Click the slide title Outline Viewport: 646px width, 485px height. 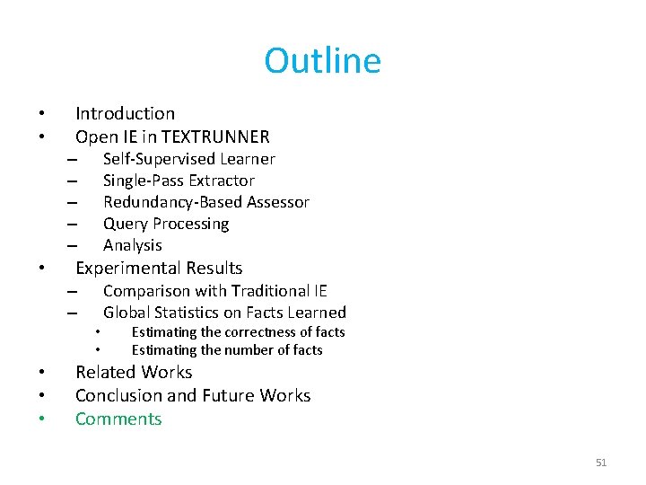[x=322, y=61]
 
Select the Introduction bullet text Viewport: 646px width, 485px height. [x=125, y=113]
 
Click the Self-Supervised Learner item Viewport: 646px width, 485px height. [x=188, y=159]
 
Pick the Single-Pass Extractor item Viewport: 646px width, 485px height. [x=179, y=181]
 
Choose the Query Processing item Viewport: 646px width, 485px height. [x=166, y=224]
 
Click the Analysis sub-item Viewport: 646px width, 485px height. [x=133, y=245]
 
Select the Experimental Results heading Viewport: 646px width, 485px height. [x=159, y=268]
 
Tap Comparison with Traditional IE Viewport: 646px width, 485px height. [x=214, y=290]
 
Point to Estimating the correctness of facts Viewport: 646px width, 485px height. [x=238, y=332]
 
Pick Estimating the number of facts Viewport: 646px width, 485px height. [x=227, y=350]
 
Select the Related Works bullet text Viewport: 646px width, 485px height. [x=134, y=372]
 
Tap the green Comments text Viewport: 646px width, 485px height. [x=118, y=419]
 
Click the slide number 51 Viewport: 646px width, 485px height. [x=601, y=463]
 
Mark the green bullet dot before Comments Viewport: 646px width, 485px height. [x=41, y=419]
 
